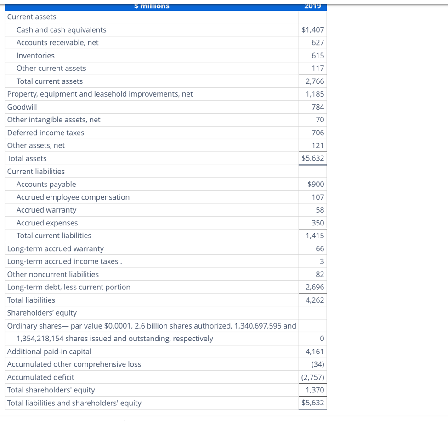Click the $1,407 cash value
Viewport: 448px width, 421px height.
pyautogui.click(x=312, y=30)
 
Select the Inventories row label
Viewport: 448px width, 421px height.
pyautogui.click(x=35, y=56)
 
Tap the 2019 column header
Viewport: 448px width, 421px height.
pyautogui.click(x=312, y=6)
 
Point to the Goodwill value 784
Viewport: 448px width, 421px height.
pyautogui.click(x=318, y=107)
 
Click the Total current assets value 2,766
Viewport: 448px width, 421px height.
pyautogui.click(x=315, y=81)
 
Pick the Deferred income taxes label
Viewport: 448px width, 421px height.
pyautogui.click(x=45, y=133)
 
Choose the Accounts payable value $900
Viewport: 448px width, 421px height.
pyautogui.click(x=315, y=184)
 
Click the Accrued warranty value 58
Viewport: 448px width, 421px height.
pyautogui.click(x=320, y=210)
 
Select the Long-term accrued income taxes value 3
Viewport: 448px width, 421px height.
pyautogui.click(x=322, y=261)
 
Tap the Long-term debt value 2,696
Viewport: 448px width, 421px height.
pyautogui.click(x=315, y=287)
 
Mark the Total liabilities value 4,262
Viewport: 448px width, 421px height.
pyautogui.click(x=315, y=300)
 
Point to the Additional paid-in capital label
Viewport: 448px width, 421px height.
pyautogui.click(x=49, y=352)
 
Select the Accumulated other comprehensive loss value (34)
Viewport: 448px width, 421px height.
pyautogui.click(x=317, y=364)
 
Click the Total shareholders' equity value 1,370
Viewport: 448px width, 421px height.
pyautogui.click(x=315, y=390)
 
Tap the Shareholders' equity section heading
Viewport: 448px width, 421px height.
pyautogui.click(x=42, y=313)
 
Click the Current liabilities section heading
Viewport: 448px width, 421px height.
pyautogui.click(x=36, y=172)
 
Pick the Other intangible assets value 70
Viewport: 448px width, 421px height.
pyautogui.click(x=320, y=120)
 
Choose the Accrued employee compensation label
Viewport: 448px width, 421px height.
pyautogui.click(x=73, y=197)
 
